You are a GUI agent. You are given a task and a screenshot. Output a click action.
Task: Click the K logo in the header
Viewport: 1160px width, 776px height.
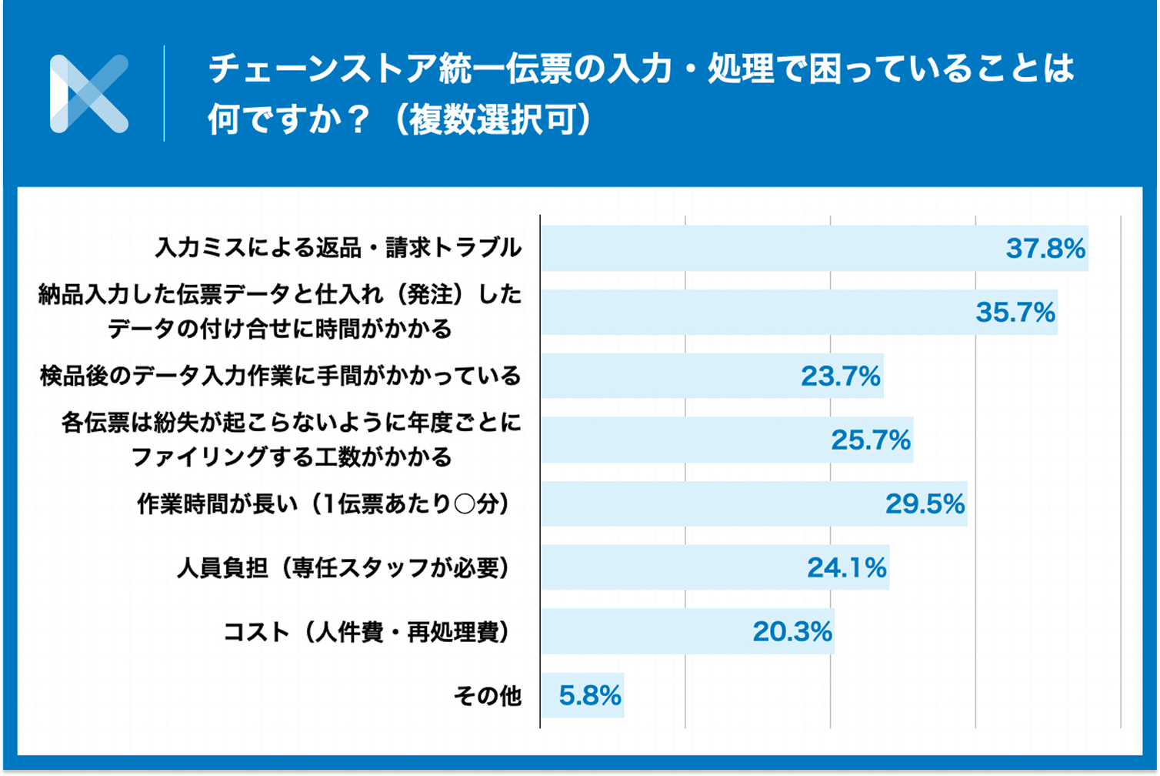point(88,94)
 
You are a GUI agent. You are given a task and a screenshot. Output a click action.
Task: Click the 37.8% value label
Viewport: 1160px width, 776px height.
point(1045,249)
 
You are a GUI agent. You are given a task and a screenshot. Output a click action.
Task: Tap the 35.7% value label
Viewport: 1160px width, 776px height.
point(1015,313)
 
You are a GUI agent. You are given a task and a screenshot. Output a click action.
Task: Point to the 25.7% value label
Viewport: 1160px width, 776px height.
point(871,440)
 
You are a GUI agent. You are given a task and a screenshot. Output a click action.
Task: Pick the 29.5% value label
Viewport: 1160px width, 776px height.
point(925,504)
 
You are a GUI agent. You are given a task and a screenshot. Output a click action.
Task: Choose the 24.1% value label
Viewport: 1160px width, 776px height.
point(846,568)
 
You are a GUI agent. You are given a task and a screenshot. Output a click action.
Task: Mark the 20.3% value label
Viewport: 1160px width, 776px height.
point(792,632)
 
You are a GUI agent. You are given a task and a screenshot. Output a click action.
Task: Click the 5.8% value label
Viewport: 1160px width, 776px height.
point(589,696)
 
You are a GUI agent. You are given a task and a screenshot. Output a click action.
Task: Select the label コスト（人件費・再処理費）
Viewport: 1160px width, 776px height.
point(368,633)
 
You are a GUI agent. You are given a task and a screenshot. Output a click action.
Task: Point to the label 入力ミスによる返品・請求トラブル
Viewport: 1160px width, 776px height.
point(338,249)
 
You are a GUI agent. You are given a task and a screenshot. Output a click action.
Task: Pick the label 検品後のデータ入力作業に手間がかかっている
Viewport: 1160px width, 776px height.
point(281,377)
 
